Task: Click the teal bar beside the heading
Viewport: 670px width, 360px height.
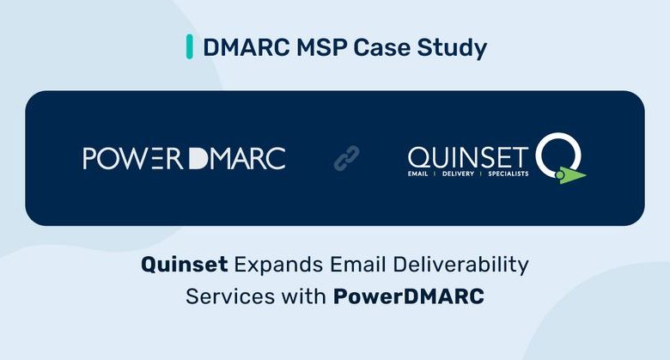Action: tap(189, 46)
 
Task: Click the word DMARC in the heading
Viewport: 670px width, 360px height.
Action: tap(247, 47)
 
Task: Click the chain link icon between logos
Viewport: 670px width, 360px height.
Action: tap(346, 158)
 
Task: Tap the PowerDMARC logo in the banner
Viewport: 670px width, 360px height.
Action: tap(184, 158)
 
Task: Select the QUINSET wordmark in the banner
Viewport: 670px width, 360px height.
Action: tap(468, 157)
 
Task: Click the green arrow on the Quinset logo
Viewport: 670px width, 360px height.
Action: tap(570, 175)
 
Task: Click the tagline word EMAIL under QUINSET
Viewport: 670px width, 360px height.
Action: tap(418, 174)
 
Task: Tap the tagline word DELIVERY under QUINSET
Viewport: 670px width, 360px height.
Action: tap(458, 174)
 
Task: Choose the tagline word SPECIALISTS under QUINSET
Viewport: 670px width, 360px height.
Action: tap(509, 174)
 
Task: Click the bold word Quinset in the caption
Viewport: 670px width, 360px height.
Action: tap(184, 265)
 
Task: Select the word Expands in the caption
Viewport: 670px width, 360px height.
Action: tap(278, 265)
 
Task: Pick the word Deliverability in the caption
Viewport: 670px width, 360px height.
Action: tap(460, 265)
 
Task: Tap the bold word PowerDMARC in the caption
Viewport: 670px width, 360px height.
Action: tap(409, 296)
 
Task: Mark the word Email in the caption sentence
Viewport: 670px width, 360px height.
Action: tap(358, 265)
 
